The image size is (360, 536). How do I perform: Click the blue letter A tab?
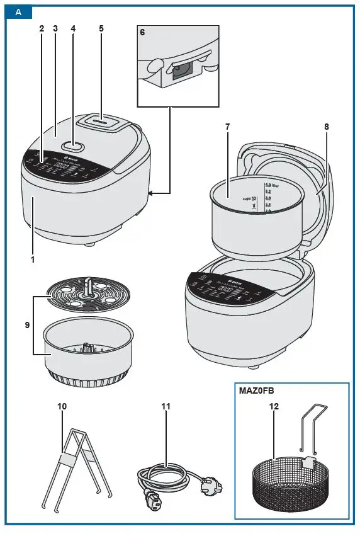tap(20, 12)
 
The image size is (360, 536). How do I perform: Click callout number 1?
tap(32, 258)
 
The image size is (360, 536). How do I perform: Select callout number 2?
tap(42, 29)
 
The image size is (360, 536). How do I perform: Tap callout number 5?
tap(101, 29)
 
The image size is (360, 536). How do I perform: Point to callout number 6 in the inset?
tap(143, 31)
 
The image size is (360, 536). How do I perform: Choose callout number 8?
tap(327, 127)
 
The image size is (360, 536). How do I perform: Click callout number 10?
tap(62, 406)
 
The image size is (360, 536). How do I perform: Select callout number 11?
tap(166, 406)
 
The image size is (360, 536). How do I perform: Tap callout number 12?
tap(274, 406)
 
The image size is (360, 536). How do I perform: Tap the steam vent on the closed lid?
tap(104, 121)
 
